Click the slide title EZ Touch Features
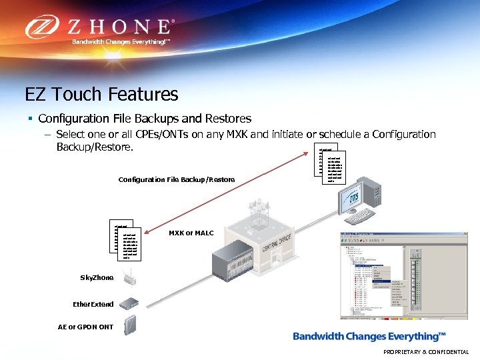click(101, 94)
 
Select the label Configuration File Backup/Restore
click(177, 179)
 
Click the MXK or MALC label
click(191, 233)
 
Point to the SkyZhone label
click(97, 277)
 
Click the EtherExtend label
click(93, 304)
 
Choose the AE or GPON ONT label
click(85, 327)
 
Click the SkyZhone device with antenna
click(131, 275)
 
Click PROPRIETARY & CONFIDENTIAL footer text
click(426, 352)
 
